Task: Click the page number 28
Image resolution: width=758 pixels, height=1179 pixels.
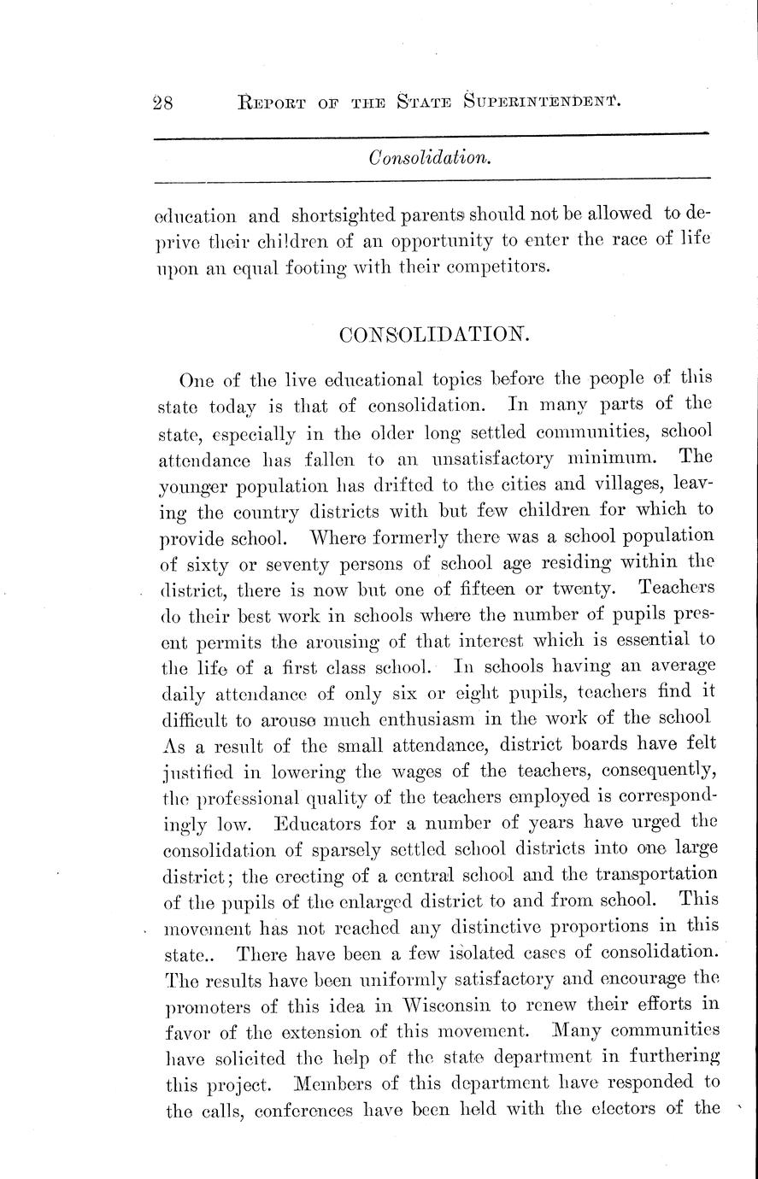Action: (x=162, y=103)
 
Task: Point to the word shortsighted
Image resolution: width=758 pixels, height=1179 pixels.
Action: (x=346, y=215)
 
